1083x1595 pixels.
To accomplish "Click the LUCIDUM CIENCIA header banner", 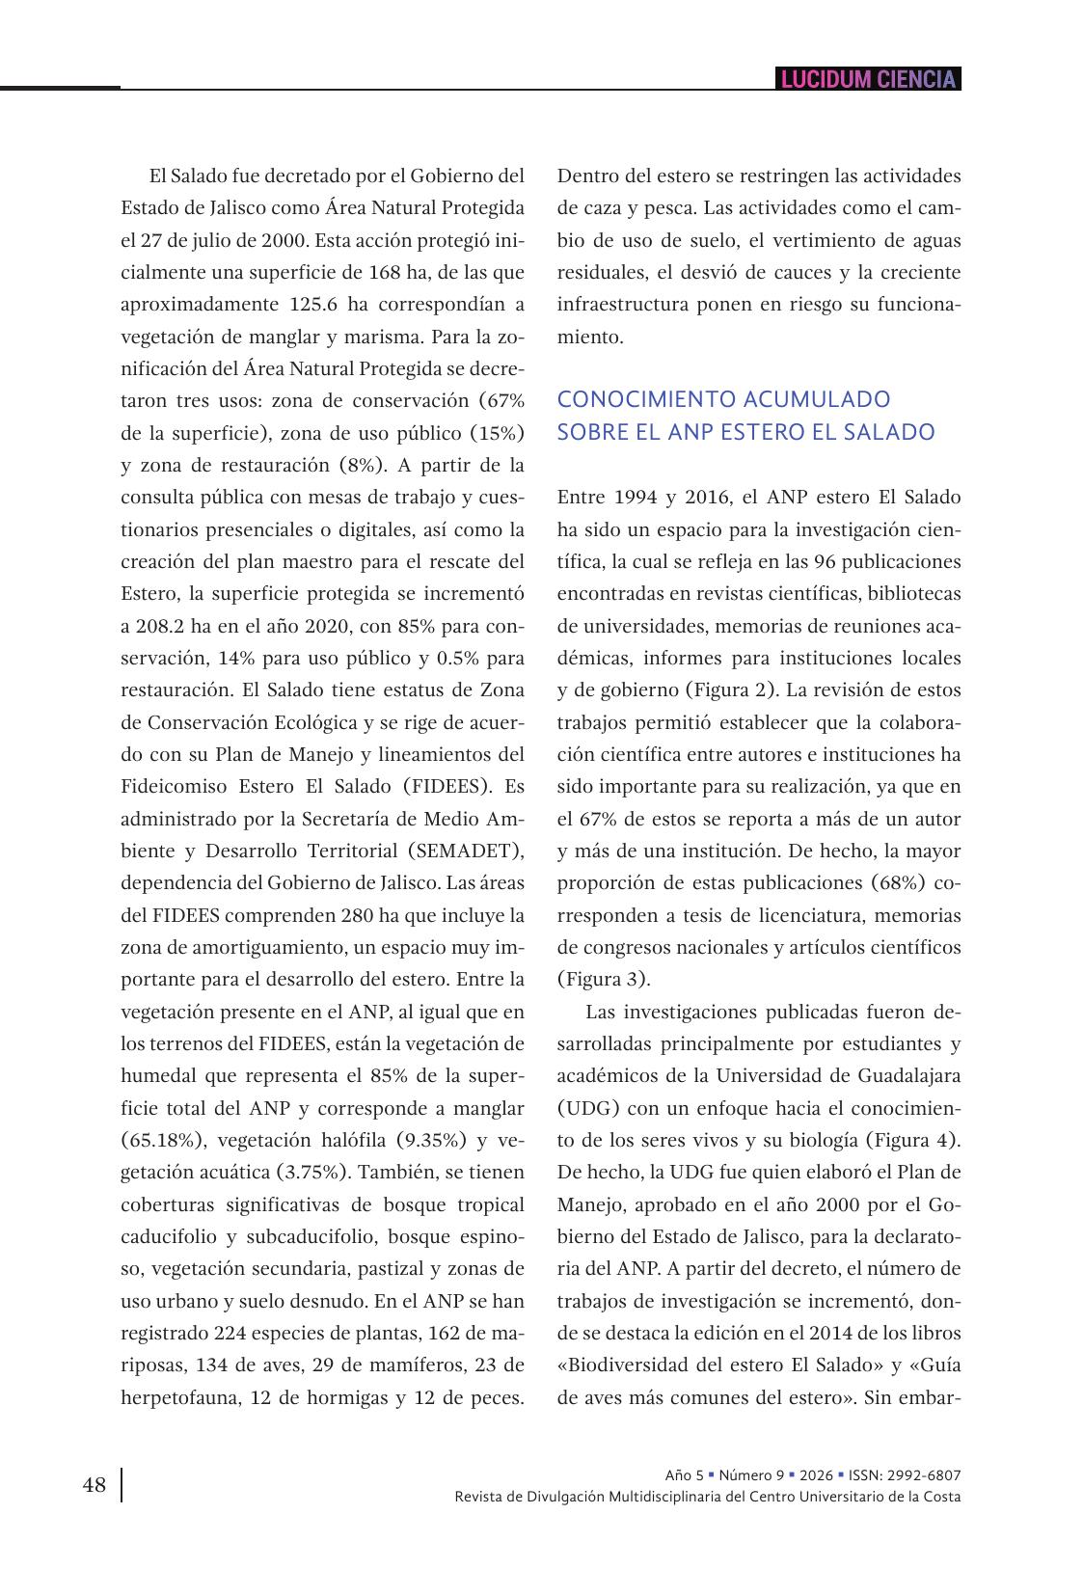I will [x=868, y=79].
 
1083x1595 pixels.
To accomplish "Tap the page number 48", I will [x=95, y=1485].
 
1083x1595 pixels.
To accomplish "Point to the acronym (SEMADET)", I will [x=465, y=851].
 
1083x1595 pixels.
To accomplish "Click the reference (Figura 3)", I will [x=604, y=980].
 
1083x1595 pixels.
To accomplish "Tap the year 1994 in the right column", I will [x=636, y=498].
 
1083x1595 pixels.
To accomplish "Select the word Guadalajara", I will [x=908, y=1076].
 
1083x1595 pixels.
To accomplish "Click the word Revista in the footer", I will [x=479, y=1497].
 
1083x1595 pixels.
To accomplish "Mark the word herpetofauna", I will [x=179, y=1397].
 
